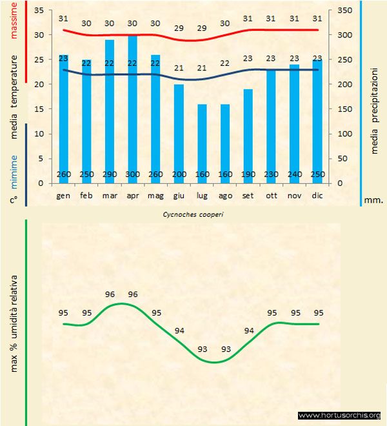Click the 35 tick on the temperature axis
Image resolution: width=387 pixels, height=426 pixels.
pos(38,11)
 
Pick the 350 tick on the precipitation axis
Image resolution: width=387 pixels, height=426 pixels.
pos(345,11)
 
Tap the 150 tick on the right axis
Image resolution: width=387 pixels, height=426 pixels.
pos(345,109)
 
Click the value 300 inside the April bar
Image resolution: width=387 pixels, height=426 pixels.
pos(132,174)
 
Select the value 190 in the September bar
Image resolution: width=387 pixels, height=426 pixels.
pos(248,174)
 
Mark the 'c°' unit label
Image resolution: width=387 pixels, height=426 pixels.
pos(14,199)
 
